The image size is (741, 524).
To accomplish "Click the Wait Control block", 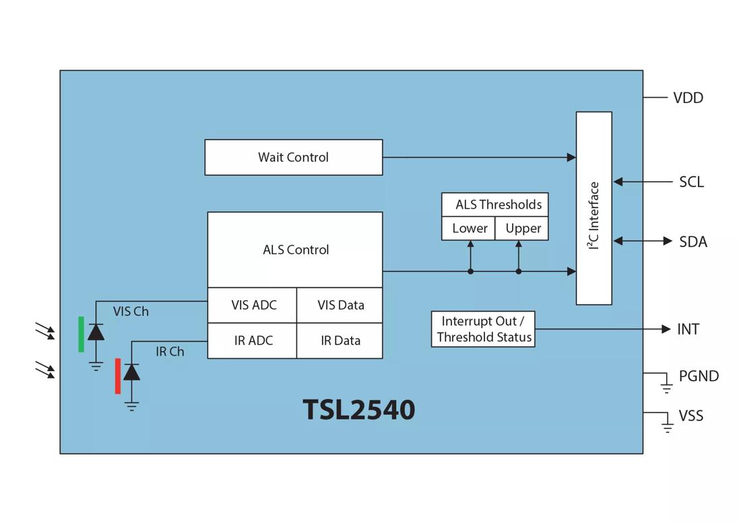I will pyautogui.click(x=294, y=158).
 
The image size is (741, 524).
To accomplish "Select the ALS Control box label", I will pyautogui.click(x=296, y=250).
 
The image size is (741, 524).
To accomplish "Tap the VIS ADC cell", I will pyautogui.click(x=253, y=305).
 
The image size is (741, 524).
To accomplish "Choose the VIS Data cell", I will pyautogui.click(x=340, y=305).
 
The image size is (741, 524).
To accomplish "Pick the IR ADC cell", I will pyautogui.click(x=253, y=341).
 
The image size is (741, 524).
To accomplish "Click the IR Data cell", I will pyautogui.click(x=340, y=341).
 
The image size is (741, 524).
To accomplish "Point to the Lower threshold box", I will pyautogui.click(x=470, y=229).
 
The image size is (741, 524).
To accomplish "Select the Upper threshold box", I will pyautogui.click(x=523, y=229).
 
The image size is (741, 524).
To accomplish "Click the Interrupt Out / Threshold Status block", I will pyautogui.click(x=484, y=329).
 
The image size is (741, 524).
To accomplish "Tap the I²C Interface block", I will pyautogui.click(x=593, y=208).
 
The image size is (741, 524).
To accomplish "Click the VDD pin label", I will pyautogui.click(x=688, y=98).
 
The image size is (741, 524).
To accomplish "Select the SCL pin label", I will pyautogui.click(x=691, y=183).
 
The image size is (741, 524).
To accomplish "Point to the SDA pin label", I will pyautogui.click(x=693, y=242).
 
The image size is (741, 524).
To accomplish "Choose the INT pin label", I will pyautogui.click(x=688, y=329).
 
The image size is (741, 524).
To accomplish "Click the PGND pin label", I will pyautogui.click(x=699, y=376).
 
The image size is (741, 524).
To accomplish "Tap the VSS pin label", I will pyautogui.click(x=690, y=416).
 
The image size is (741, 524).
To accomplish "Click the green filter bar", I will pyautogui.click(x=82, y=334).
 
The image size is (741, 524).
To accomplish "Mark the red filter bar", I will pyautogui.click(x=118, y=376).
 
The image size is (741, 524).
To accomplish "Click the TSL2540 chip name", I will pyautogui.click(x=358, y=410).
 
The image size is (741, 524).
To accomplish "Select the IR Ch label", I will pyautogui.click(x=170, y=352).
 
